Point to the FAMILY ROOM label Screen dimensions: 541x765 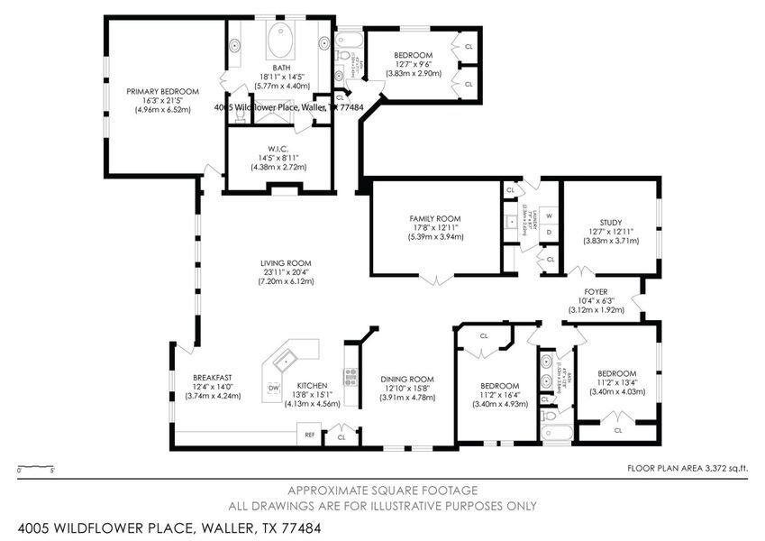point(435,218)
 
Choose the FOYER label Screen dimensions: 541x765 point(596,292)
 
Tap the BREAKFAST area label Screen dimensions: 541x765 point(213,378)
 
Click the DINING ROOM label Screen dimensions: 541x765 point(406,380)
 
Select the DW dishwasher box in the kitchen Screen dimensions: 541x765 point(273,388)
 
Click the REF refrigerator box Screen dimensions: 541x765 point(309,435)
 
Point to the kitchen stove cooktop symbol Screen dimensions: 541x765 point(350,377)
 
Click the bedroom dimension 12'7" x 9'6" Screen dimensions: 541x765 point(417,64)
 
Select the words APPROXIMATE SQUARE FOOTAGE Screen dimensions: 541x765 point(382,491)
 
